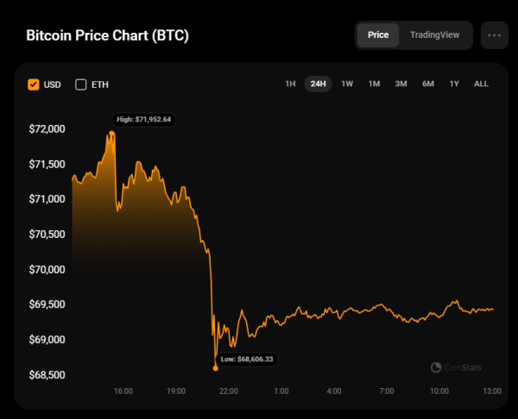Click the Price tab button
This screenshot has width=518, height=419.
pyautogui.click(x=378, y=35)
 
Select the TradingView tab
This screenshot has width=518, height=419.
pyautogui.click(x=435, y=35)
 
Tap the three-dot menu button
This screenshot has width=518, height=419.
pyautogui.click(x=495, y=35)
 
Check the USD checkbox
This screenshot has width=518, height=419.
pyautogui.click(x=34, y=84)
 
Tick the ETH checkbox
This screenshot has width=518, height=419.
pyautogui.click(x=81, y=84)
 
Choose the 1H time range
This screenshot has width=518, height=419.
pyautogui.click(x=290, y=84)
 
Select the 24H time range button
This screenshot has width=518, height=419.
pyautogui.click(x=318, y=84)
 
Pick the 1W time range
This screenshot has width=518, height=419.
pyautogui.click(x=347, y=84)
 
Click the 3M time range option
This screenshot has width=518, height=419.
pyautogui.click(x=401, y=84)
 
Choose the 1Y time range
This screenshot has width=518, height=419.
pyautogui.click(x=454, y=84)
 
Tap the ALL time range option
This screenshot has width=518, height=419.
pyautogui.click(x=481, y=84)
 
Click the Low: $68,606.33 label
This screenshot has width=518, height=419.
pyautogui.click(x=248, y=359)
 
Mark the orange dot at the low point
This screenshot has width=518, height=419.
pyautogui.click(x=215, y=367)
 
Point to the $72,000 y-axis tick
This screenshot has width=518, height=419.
pyautogui.click(x=47, y=129)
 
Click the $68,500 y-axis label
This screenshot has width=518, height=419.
pyautogui.click(x=47, y=375)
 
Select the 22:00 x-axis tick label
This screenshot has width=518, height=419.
pyautogui.click(x=229, y=391)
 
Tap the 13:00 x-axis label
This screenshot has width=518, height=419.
pyautogui.click(x=492, y=391)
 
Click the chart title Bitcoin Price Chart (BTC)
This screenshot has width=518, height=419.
pyautogui.click(x=108, y=36)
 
